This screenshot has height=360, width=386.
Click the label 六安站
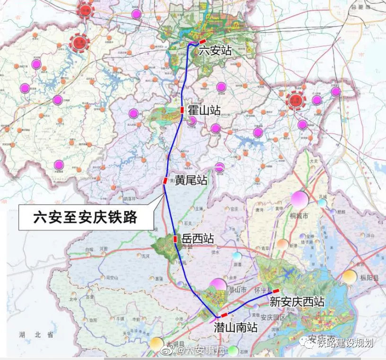pos(215,50)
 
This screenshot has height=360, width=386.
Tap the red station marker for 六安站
pos(202,42)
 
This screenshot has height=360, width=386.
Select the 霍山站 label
pos(204,111)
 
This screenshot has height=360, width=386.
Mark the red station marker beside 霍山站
pos(182,110)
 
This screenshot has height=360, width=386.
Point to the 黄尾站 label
pos(191,180)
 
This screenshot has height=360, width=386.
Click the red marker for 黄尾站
pos(165,180)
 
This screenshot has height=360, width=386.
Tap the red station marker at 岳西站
pos(175,239)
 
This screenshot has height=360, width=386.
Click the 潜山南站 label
pos(236,327)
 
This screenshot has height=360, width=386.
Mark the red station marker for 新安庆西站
pos(276,291)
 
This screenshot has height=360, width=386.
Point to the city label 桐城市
pos(298,216)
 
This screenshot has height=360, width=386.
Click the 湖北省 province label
pos(36,334)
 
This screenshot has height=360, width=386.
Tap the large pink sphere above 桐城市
pos(299,199)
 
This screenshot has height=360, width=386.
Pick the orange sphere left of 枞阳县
pos(350,277)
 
